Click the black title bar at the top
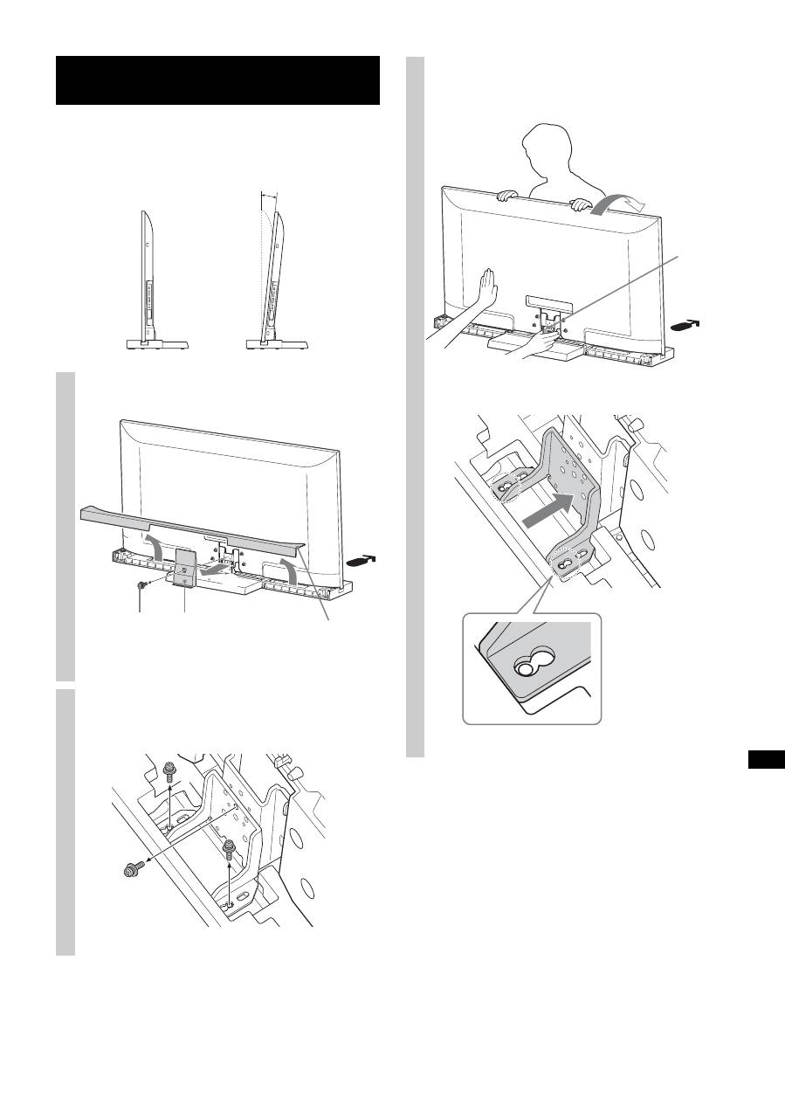pos(217,80)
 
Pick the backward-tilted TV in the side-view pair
pos(278,280)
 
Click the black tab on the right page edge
pos(767,758)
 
